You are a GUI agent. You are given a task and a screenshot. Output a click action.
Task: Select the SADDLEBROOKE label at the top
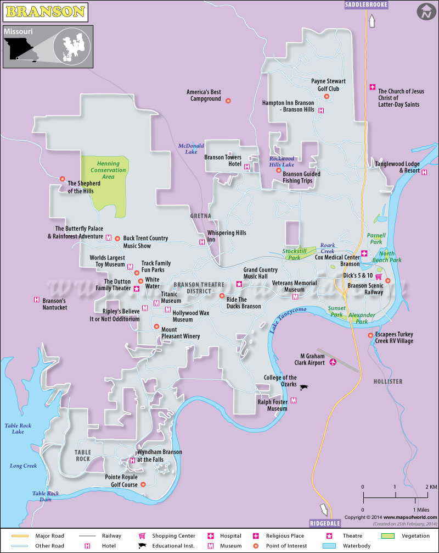(x=366, y=5)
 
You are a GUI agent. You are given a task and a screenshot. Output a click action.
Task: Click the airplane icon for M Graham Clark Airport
(x=333, y=362)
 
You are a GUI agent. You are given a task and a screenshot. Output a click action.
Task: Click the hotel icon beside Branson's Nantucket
(x=37, y=300)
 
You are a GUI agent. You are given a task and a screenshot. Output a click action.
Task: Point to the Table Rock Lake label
(x=18, y=428)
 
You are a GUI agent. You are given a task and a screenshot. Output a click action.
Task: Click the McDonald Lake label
(x=190, y=148)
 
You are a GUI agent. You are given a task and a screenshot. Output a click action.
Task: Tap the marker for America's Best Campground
(x=228, y=99)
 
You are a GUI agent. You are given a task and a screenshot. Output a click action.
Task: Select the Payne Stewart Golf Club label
(x=325, y=85)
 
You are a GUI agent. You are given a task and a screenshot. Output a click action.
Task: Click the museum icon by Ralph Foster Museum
(x=293, y=401)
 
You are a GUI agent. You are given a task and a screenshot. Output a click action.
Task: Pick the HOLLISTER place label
(x=387, y=381)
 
